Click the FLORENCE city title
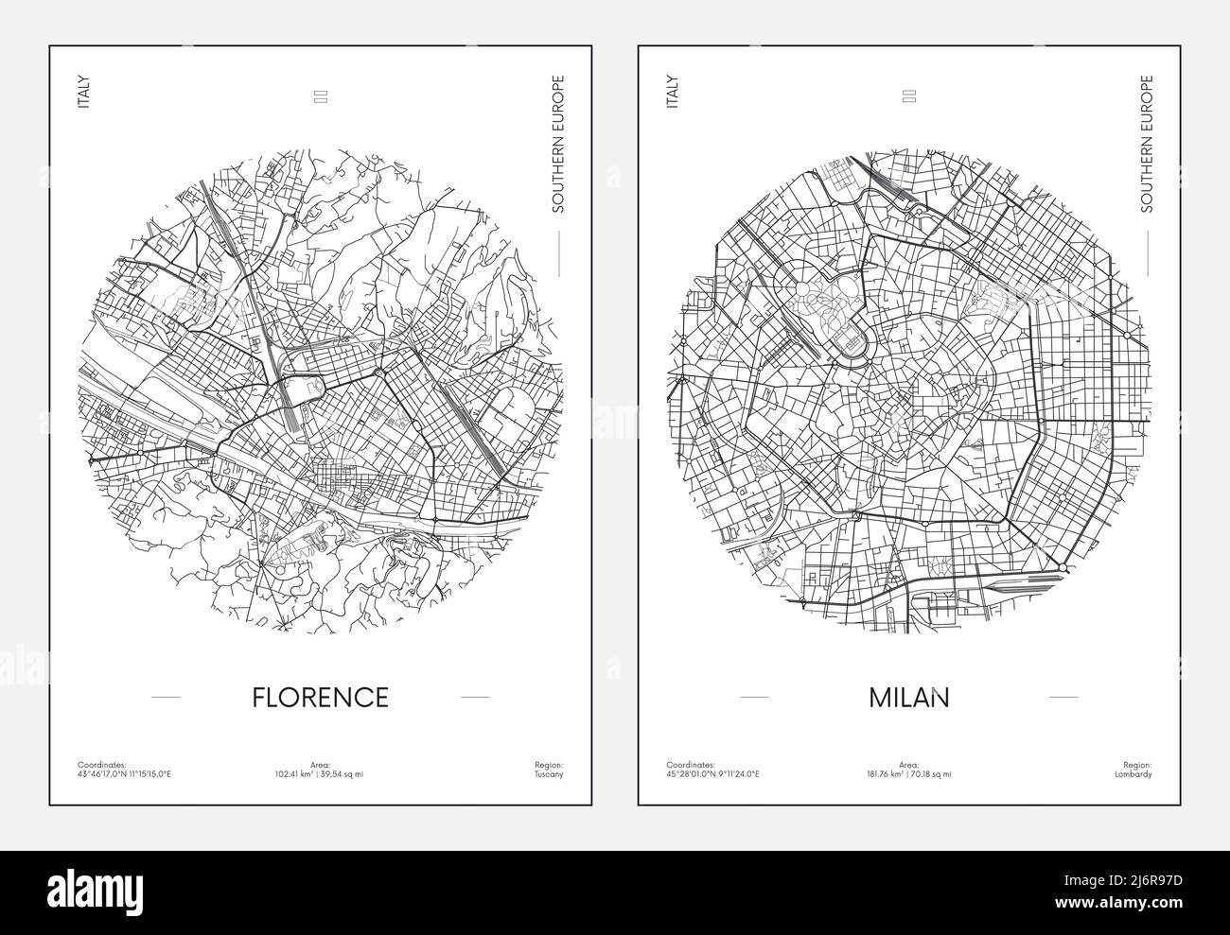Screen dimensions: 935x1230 click(x=321, y=697)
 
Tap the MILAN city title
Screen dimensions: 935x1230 click(x=909, y=697)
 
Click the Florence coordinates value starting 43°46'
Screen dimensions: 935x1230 click(x=124, y=774)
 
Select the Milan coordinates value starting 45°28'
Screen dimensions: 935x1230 click(x=712, y=774)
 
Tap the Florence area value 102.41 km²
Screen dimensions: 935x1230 click(x=320, y=774)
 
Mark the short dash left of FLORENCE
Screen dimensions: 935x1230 click(x=166, y=697)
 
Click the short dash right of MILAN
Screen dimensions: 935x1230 click(x=1063, y=697)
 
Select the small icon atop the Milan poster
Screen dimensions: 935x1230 click(x=909, y=95)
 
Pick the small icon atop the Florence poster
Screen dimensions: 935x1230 click(x=320, y=95)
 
